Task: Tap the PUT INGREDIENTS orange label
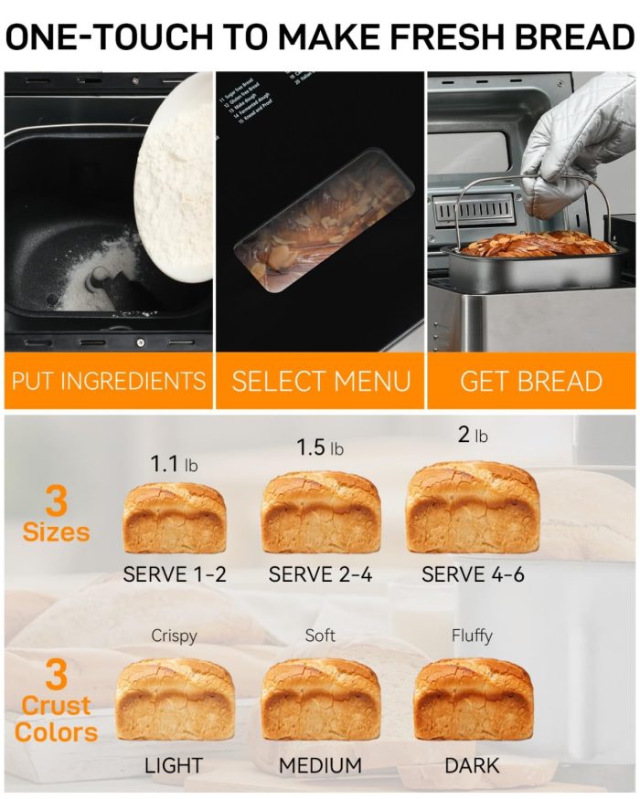coord(108,381)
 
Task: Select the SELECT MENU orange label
coord(321,381)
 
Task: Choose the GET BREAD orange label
coord(531,381)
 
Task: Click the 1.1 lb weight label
coord(174,464)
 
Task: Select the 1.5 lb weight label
coord(320,447)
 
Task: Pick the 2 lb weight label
coord(473,436)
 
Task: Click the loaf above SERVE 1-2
coord(175,519)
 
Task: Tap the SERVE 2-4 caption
coord(320,574)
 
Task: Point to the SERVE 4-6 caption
coord(473,574)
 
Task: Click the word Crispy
coord(174,636)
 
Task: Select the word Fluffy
coord(472,635)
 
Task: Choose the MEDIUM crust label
coord(320,765)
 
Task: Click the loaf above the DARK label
coord(473,699)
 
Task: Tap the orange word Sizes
coord(57,531)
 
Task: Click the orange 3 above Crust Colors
coord(57,676)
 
